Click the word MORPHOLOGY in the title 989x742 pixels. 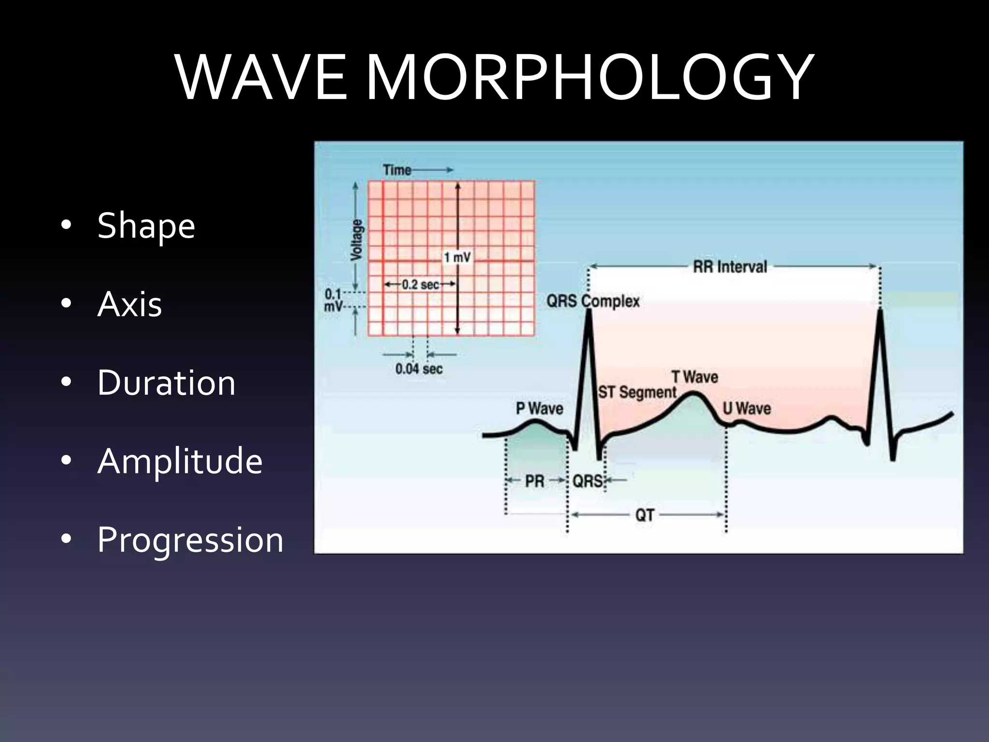point(588,77)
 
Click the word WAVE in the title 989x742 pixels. point(261,77)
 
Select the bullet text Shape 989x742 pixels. point(146,226)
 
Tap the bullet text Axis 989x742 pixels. point(129,304)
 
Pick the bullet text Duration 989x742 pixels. point(166,383)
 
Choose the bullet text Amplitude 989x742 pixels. point(180,461)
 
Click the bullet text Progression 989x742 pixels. point(190,540)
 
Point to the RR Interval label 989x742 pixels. point(730,267)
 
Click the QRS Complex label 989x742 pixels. point(593,301)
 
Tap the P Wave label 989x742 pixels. point(539,408)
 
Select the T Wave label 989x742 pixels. point(694,377)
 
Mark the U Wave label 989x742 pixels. point(747,408)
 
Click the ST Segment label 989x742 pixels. point(637,392)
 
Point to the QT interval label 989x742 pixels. point(645,515)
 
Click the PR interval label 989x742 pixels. point(535,481)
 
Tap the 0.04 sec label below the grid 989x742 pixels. point(419,369)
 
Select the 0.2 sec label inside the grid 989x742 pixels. point(420,285)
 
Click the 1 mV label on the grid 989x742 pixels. point(457,257)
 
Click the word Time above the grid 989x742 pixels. point(396,170)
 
